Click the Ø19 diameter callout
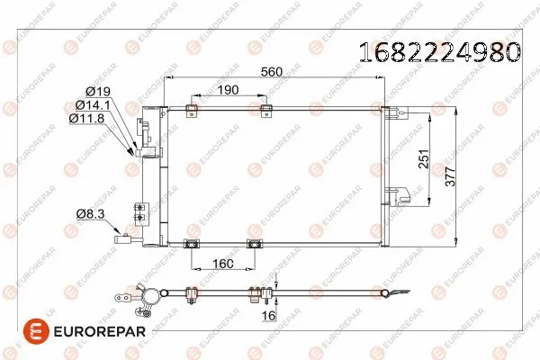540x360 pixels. click(x=99, y=91)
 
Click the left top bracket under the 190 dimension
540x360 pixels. click(x=189, y=111)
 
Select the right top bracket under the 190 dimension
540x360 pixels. click(x=265, y=111)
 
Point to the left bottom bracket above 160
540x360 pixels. click(x=191, y=243)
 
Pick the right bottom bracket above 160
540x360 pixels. click(x=255, y=243)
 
